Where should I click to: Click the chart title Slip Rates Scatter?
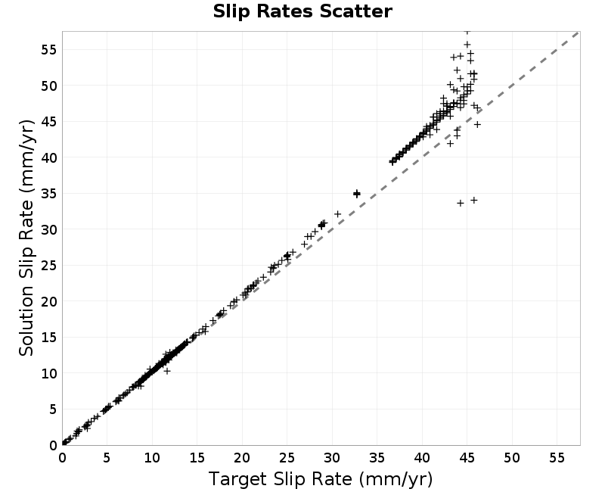pyautogui.click(x=302, y=11)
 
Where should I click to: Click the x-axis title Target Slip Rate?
pyautogui.click(x=320, y=479)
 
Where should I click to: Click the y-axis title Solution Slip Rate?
pyautogui.click(x=26, y=238)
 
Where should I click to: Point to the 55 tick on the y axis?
pyautogui.click(x=48, y=49)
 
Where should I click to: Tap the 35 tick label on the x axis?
pyautogui.click(x=377, y=458)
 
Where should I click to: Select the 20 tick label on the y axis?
pyautogui.click(x=48, y=301)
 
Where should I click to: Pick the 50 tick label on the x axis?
pyautogui.click(x=512, y=458)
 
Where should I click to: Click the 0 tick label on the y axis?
pyautogui.click(x=53, y=445)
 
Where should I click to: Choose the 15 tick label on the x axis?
pyautogui.click(x=197, y=458)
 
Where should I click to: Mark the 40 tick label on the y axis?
pyautogui.click(x=48, y=157)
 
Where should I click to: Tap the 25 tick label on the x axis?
pyautogui.click(x=287, y=458)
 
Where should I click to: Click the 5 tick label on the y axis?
pyautogui.click(x=53, y=409)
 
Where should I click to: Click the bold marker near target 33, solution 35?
pyautogui.click(x=357, y=194)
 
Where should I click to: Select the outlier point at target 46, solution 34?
pyautogui.click(x=474, y=200)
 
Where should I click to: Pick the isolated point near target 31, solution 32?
pyautogui.click(x=337, y=214)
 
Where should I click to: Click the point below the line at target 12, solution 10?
pyautogui.click(x=166, y=371)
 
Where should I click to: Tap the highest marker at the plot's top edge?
pyautogui.click(x=467, y=31)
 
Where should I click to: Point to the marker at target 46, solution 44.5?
pyautogui.click(x=477, y=124)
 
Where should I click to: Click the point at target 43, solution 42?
pyautogui.click(x=450, y=143)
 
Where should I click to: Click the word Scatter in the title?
pyautogui.click(x=355, y=11)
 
